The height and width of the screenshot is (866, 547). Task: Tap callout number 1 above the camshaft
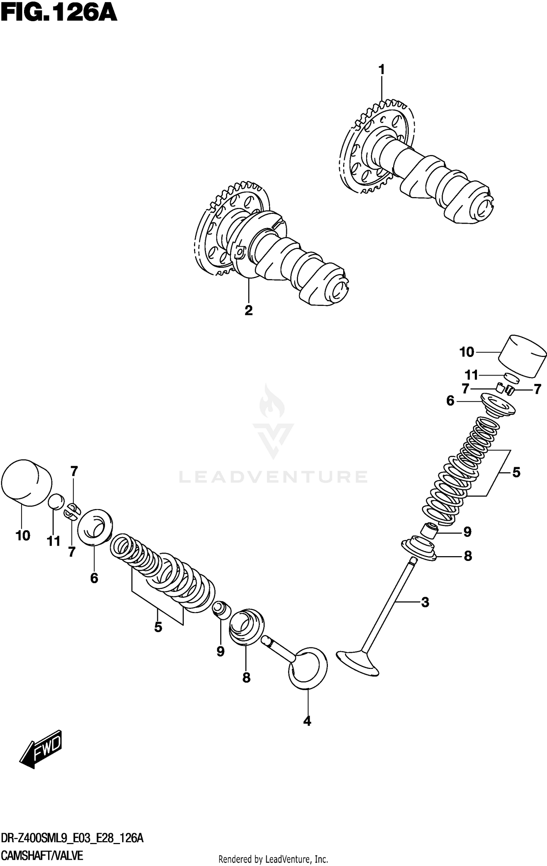pos(381,69)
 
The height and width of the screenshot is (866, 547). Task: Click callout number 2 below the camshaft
pos(248,310)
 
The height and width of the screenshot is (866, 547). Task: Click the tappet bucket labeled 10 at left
pos(26,482)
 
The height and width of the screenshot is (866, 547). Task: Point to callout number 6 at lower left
pos(94,578)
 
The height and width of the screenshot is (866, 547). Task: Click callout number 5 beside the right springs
pos(516,472)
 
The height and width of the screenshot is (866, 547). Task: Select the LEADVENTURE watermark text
pos(273,477)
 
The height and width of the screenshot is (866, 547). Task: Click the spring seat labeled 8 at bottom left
pos(246,626)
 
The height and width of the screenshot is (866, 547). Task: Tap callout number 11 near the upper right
pos(471,375)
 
